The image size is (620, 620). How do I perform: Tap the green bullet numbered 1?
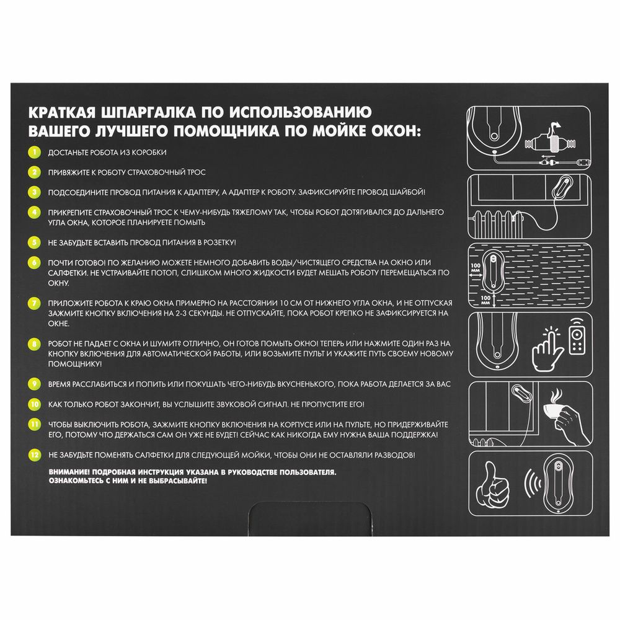(35, 152)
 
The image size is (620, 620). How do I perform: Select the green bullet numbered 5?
(35, 241)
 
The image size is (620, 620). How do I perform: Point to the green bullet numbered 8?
(35, 342)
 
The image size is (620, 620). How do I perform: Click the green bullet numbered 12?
(35, 454)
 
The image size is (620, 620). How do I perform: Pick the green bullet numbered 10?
(35, 404)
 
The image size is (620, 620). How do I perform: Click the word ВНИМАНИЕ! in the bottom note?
(69, 472)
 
